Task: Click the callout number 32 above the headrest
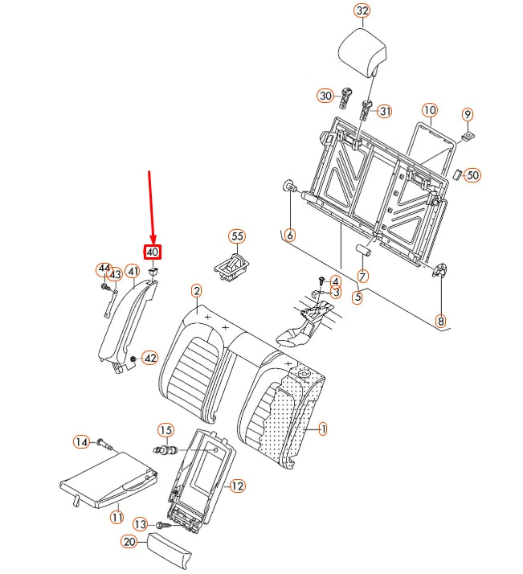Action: click(362, 11)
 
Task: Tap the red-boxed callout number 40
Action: click(153, 252)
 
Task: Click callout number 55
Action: click(237, 236)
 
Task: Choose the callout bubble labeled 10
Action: click(429, 109)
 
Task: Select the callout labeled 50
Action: click(472, 174)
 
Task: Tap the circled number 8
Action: click(440, 321)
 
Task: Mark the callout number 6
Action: click(290, 236)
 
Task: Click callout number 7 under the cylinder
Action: click(363, 276)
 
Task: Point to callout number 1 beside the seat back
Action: click(323, 429)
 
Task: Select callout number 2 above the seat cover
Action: click(197, 290)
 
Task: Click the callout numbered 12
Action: click(237, 486)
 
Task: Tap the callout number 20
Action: click(129, 542)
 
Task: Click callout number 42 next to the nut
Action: click(150, 358)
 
